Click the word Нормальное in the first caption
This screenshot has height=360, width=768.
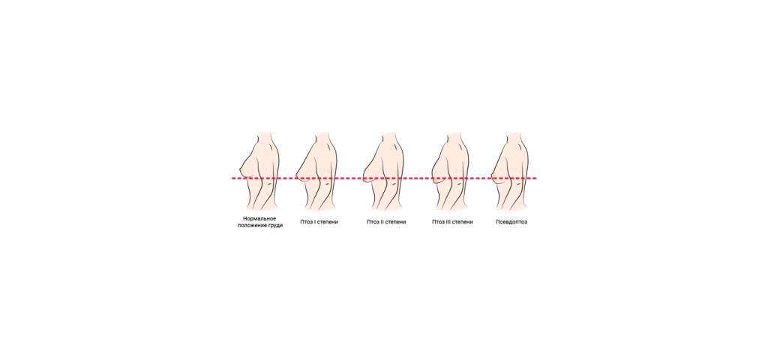pyautogui.click(x=259, y=218)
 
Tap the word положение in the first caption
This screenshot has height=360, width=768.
pyautogui.click(x=253, y=225)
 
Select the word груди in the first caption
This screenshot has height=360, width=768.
pyautogui.click(x=276, y=225)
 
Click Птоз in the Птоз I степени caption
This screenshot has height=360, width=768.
pyautogui.click(x=306, y=222)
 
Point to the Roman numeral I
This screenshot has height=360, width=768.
pyautogui.click(x=314, y=222)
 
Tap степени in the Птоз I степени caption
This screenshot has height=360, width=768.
pyautogui.click(x=328, y=222)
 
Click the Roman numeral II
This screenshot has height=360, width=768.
pyautogui.click(x=382, y=222)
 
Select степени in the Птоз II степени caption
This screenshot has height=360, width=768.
pyautogui.click(x=396, y=222)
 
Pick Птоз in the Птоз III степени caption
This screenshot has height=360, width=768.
pyautogui.click(x=437, y=222)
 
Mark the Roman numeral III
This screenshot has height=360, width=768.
pyautogui.click(x=448, y=222)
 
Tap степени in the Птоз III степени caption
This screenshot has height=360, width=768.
pyautogui.click(x=463, y=222)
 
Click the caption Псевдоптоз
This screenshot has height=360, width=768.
pyautogui.click(x=511, y=222)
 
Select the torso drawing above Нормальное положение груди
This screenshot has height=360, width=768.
pyautogui.click(x=259, y=172)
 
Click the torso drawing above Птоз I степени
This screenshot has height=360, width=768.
pyautogui.click(x=317, y=172)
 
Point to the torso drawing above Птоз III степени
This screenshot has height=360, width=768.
pyautogui.click(x=450, y=172)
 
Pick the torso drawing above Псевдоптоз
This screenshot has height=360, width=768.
pyautogui.click(x=510, y=172)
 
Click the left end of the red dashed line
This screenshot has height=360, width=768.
pyautogui.click(x=232, y=178)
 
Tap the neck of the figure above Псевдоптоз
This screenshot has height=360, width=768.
pyautogui.click(x=513, y=136)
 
